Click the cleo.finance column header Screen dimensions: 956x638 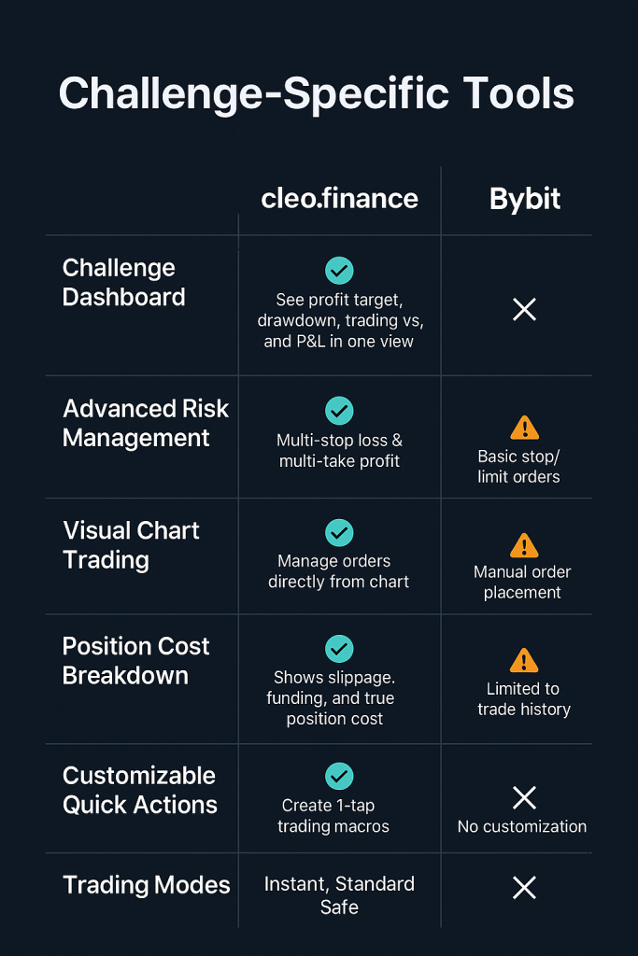pyautogui.click(x=339, y=199)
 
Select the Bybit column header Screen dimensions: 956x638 pyautogui.click(x=525, y=199)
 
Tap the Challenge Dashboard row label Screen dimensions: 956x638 pyautogui.click(x=123, y=283)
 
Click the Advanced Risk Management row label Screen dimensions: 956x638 pyautogui.click(x=145, y=423)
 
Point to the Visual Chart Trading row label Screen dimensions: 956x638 pyautogui.click(x=131, y=545)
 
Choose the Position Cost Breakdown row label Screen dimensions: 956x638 pyautogui.click(x=135, y=661)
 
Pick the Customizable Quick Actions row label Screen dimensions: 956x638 pyautogui.click(x=139, y=790)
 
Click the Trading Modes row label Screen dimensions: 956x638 pyautogui.click(x=146, y=886)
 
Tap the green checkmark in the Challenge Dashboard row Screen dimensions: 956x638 pyautogui.click(x=339, y=271)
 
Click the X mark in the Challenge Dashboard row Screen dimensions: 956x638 pyautogui.click(x=525, y=310)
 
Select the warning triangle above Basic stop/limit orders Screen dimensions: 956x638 pyautogui.click(x=524, y=428)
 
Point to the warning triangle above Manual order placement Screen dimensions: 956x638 pyautogui.click(x=524, y=545)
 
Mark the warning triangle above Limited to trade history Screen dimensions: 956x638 pyautogui.click(x=524, y=661)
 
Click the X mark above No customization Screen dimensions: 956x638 pyautogui.click(x=524, y=797)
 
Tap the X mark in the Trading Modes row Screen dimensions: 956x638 pyautogui.click(x=525, y=887)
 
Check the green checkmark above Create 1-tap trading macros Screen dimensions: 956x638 pyautogui.click(x=339, y=776)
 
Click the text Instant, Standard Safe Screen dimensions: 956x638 pyautogui.click(x=339, y=895)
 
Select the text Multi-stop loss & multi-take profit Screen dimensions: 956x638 pyautogui.click(x=339, y=450)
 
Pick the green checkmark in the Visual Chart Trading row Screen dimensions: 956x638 pyautogui.click(x=339, y=532)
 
